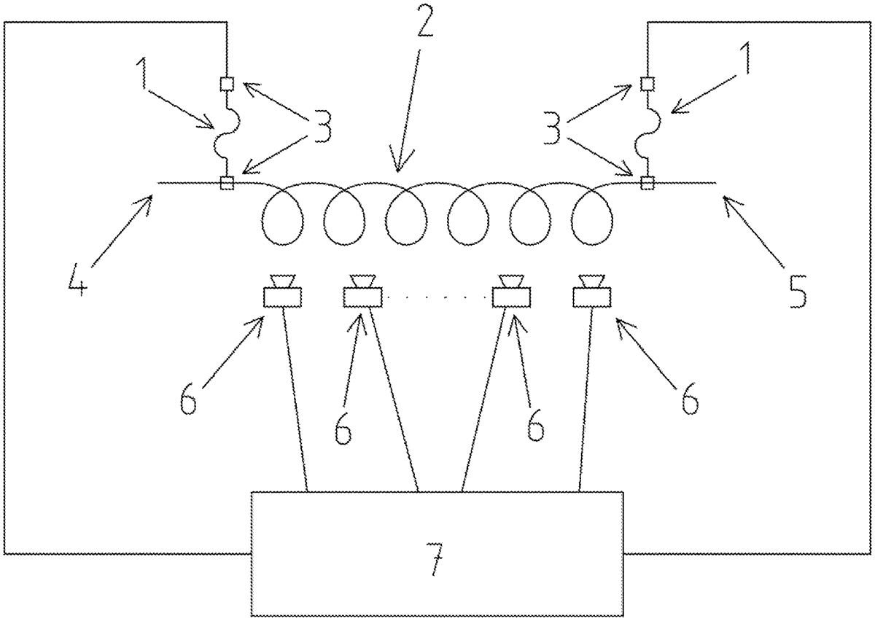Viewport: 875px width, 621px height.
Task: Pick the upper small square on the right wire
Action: (645, 85)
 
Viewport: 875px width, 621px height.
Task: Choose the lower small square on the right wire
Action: (645, 182)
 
